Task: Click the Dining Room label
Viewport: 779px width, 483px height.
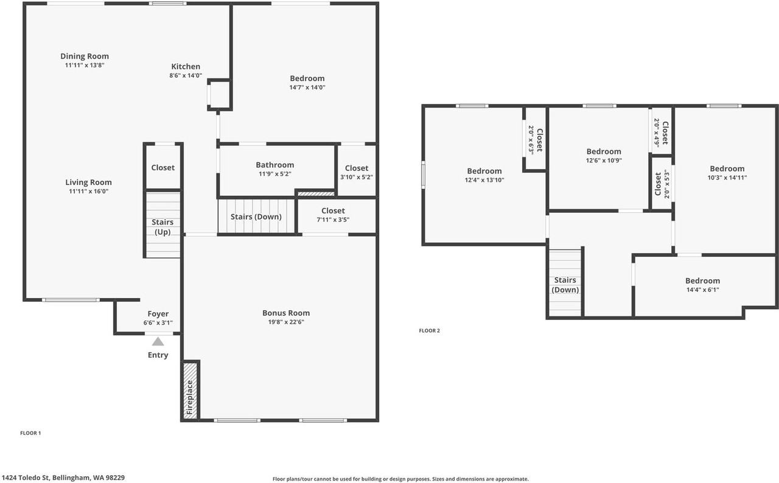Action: tap(85, 56)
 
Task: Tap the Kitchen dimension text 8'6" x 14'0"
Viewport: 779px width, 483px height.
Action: tap(186, 76)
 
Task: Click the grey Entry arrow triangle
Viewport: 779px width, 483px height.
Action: tap(158, 341)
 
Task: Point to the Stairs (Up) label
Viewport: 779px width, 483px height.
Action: tap(162, 227)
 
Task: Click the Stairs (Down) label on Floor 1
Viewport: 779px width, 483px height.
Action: tap(256, 217)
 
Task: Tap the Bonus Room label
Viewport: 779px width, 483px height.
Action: tap(286, 313)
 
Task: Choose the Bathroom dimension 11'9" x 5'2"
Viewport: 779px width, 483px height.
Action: tap(274, 174)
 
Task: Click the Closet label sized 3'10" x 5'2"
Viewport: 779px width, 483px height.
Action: tap(357, 168)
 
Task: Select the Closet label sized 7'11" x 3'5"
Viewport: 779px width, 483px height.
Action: tap(333, 210)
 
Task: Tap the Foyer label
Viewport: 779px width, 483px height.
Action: tap(158, 314)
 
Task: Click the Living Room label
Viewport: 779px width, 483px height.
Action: tap(89, 182)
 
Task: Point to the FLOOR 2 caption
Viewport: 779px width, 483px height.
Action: tap(429, 331)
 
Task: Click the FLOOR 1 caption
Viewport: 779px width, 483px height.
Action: tap(30, 433)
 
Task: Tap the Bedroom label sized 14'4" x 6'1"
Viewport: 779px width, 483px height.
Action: tap(702, 280)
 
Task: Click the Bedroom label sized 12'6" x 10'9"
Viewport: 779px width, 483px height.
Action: tap(604, 151)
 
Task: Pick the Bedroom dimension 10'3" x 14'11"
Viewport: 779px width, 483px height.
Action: tap(727, 178)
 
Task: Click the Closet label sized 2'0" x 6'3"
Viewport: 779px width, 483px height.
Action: tap(539, 139)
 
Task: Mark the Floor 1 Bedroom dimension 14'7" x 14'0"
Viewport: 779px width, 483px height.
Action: tap(307, 87)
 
